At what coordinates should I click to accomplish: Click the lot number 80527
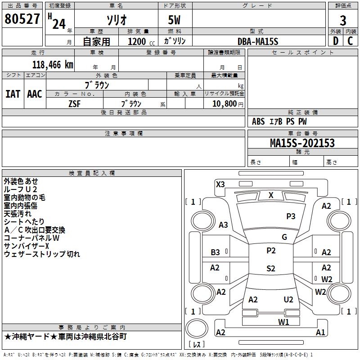pyautogui.click(x=22, y=19)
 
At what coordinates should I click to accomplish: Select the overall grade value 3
pyautogui.click(x=343, y=20)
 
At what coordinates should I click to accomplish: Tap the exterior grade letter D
pyautogui.click(x=335, y=40)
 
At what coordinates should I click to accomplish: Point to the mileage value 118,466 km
pyautogui.click(x=52, y=64)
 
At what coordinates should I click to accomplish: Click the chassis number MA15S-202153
pyautogui.click(x=302, y=143)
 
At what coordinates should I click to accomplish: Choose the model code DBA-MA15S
pyautogui.click(x=258, y=41)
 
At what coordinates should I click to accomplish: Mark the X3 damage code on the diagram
pyautogui.click(x=220, y=184)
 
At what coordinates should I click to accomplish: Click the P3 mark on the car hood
pyautogui.click(x=291, y=216)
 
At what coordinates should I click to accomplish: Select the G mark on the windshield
pyautogui.click(x=284, y=237)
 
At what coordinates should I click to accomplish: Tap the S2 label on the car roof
pyautogui.click(x=270, y=269)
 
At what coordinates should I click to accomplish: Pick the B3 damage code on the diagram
pyautogui.click(x=216, y=252)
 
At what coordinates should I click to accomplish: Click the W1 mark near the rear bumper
pyautogui.click(x=283, y=321)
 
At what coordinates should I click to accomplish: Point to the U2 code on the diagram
pyautogui.click(x=288, y=299)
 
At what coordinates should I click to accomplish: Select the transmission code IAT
pyautogui.click(x=13, y=94)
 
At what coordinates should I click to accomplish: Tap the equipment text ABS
pyautogui.click(x=258, y=121)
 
